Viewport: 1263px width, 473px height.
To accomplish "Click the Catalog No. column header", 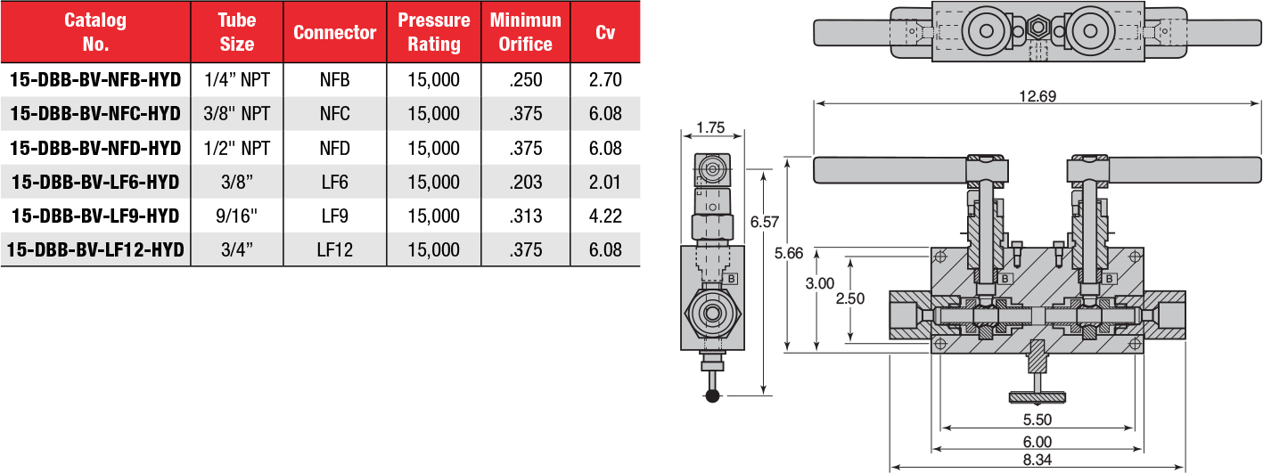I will tap(95, 32).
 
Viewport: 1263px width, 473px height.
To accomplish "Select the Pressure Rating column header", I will tap(433, 32).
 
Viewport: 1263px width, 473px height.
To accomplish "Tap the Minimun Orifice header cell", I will tap(525, 32).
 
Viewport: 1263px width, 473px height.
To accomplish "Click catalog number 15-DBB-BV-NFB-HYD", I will tap(95, 80).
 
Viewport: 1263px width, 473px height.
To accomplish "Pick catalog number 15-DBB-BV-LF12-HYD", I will tap(95, 249).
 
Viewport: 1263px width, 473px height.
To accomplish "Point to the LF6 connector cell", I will tap(335, 182).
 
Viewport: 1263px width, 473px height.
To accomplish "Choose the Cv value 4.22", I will tap(605, 216).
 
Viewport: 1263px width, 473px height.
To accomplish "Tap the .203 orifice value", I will tap(525, 182).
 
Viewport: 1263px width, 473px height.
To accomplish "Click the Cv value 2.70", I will tap(605, 80).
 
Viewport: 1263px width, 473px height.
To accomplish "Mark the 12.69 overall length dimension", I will tap(1037, 97).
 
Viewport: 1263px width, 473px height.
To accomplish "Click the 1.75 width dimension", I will tap(710, 127).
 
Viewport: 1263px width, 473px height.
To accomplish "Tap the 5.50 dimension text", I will tap(1037, 419).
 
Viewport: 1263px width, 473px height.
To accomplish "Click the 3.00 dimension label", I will tap(819, 284).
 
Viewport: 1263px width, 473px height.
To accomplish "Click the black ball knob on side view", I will tap(712, 396).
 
